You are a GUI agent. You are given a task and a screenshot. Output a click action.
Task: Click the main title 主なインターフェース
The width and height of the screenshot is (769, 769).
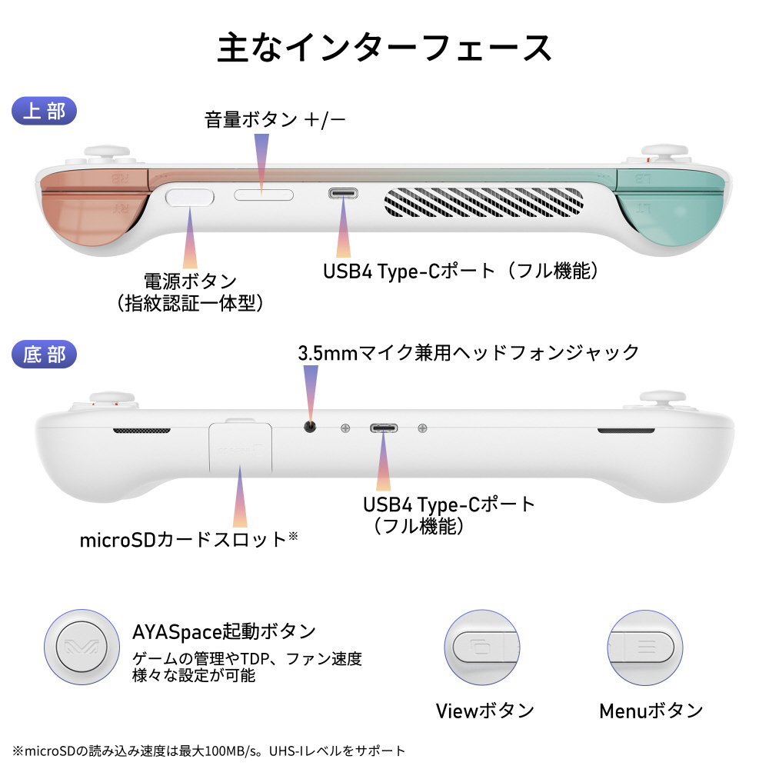coord(384,48)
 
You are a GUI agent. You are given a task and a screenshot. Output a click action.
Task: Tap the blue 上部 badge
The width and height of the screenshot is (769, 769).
coord(45,111)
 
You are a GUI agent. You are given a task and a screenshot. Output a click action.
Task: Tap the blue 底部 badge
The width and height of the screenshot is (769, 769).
coord(45,355)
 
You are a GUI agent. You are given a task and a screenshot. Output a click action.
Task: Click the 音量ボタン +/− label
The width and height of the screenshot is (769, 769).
coord(275,120)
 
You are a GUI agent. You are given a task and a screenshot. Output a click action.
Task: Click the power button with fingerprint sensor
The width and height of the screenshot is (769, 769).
coord(190,196)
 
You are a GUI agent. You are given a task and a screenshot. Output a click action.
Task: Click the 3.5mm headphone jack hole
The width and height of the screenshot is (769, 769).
coord(311,428)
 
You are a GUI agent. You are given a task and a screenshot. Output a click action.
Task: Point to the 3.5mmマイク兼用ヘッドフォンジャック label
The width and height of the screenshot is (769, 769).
coord(468,353)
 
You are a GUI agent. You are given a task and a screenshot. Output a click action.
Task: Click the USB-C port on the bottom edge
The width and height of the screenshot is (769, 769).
coord(382,428)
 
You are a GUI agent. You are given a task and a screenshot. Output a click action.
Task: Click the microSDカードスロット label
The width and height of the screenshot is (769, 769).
coord(188,539)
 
